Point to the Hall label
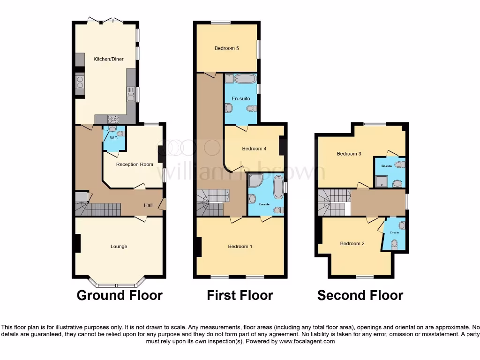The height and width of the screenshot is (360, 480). (x=148, y=205)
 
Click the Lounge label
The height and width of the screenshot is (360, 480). (x=119, y=247)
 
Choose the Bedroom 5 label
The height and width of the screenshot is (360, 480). (x=227, y=48)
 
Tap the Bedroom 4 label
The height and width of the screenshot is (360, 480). (x=254, y=149)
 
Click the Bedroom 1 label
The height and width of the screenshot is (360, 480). (x=240, y=247)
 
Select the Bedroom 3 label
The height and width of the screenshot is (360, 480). (x=349, y=154)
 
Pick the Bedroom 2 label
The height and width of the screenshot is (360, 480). (x=352, y=243)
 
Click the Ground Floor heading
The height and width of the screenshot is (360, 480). (x=120, y=295)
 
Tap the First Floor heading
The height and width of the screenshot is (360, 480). (x=240, y=295)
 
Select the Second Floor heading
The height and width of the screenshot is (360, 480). (x=360, y=295)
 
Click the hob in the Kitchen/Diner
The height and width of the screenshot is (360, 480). (x=113, y=119)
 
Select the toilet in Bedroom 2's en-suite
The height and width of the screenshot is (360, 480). (x=394, y=243)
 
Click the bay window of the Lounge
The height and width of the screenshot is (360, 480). (x=117, y=285)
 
